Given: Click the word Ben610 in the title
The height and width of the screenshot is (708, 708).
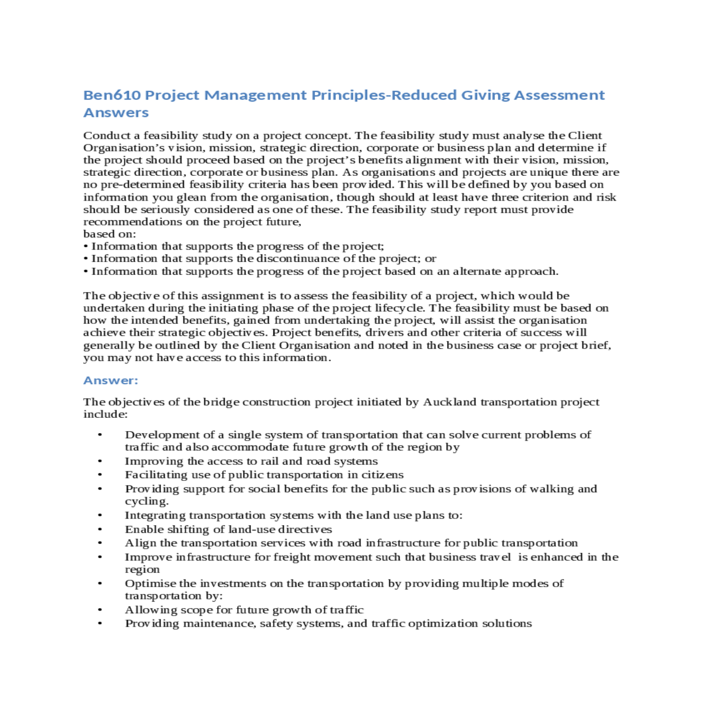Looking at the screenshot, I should click(x=112, y=95).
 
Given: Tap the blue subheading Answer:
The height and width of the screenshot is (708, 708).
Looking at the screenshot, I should click(x=111, y=380).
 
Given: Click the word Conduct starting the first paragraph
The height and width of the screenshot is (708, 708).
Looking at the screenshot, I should click(x=107, y=136).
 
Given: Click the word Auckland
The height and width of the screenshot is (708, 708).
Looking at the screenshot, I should click(x=450, y=402).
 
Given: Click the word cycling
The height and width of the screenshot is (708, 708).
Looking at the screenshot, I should click(x=146, y=501).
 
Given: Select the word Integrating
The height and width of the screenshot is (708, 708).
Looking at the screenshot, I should click(x=155, y=515).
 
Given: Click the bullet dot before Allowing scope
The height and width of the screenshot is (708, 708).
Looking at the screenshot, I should click(x=100, y=610).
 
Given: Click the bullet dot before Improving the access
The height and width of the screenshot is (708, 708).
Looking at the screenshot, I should click(x=100, y=461).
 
